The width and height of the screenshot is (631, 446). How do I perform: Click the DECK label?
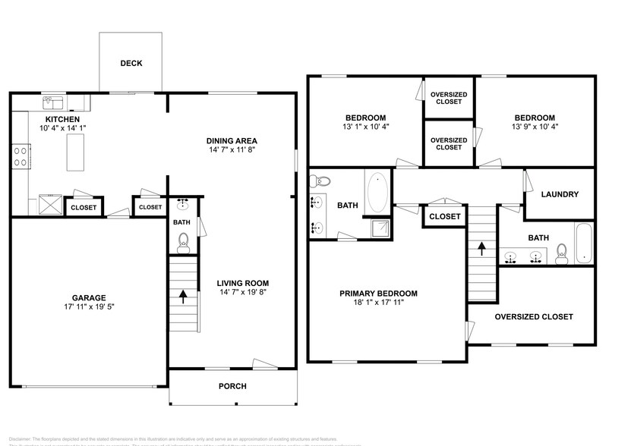(131, 64)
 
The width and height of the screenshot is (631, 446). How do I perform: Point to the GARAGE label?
(90, 297)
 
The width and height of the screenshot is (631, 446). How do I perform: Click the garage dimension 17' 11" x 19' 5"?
(90, 307)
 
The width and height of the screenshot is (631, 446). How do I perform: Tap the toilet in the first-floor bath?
(182, 241)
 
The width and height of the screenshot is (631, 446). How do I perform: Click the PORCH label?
(232, 386)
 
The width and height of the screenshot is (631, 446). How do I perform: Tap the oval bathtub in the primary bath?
(377, 193)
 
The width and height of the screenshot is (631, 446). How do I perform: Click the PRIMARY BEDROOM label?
(378, 294)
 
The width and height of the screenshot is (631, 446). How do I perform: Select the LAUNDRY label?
(560, 194)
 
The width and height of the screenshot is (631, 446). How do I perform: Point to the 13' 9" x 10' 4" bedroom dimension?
(534, 127)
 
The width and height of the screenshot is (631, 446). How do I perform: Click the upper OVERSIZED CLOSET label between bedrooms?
(449, 98)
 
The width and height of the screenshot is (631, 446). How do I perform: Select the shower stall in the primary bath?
(379, 228)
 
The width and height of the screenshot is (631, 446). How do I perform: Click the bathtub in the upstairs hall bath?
(582, 243)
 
